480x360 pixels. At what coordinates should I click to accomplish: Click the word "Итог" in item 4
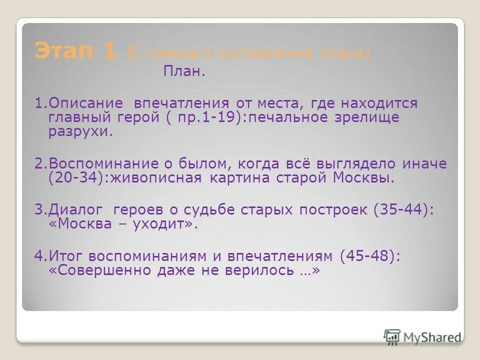tap(62, 256)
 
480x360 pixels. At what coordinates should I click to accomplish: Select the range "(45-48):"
tap(369, 256)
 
